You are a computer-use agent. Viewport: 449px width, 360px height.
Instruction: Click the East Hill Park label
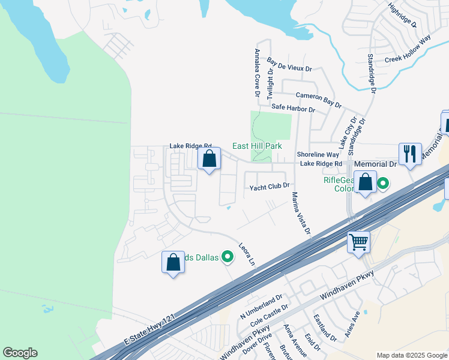(257, 146)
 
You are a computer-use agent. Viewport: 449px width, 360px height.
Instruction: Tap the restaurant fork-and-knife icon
(410, 154)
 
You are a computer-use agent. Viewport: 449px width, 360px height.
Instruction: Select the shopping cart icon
(358, 242)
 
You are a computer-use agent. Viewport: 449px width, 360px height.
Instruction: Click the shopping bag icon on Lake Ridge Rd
(209, 160)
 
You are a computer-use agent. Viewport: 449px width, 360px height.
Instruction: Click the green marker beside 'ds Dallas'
(228, 257)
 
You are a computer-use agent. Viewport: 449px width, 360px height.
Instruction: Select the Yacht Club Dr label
(270, 187)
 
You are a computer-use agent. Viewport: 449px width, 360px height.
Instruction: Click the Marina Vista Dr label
(301, 213)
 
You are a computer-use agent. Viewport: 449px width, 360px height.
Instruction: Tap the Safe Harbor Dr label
(293, 109)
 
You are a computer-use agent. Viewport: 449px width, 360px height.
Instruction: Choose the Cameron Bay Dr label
(319, 99)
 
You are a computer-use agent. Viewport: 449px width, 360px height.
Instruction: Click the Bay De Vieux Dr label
(290, 65)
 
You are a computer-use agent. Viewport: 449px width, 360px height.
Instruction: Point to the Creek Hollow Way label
(408, 50)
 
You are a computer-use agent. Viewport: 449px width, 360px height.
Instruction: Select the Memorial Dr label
(376, 163)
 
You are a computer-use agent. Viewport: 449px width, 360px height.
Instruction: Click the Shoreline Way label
(318, 154)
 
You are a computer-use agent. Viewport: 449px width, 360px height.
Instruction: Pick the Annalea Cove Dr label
(257, 73)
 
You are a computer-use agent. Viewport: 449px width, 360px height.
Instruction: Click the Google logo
(20, 353)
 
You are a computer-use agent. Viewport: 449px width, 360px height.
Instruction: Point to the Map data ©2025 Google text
(411, 355)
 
